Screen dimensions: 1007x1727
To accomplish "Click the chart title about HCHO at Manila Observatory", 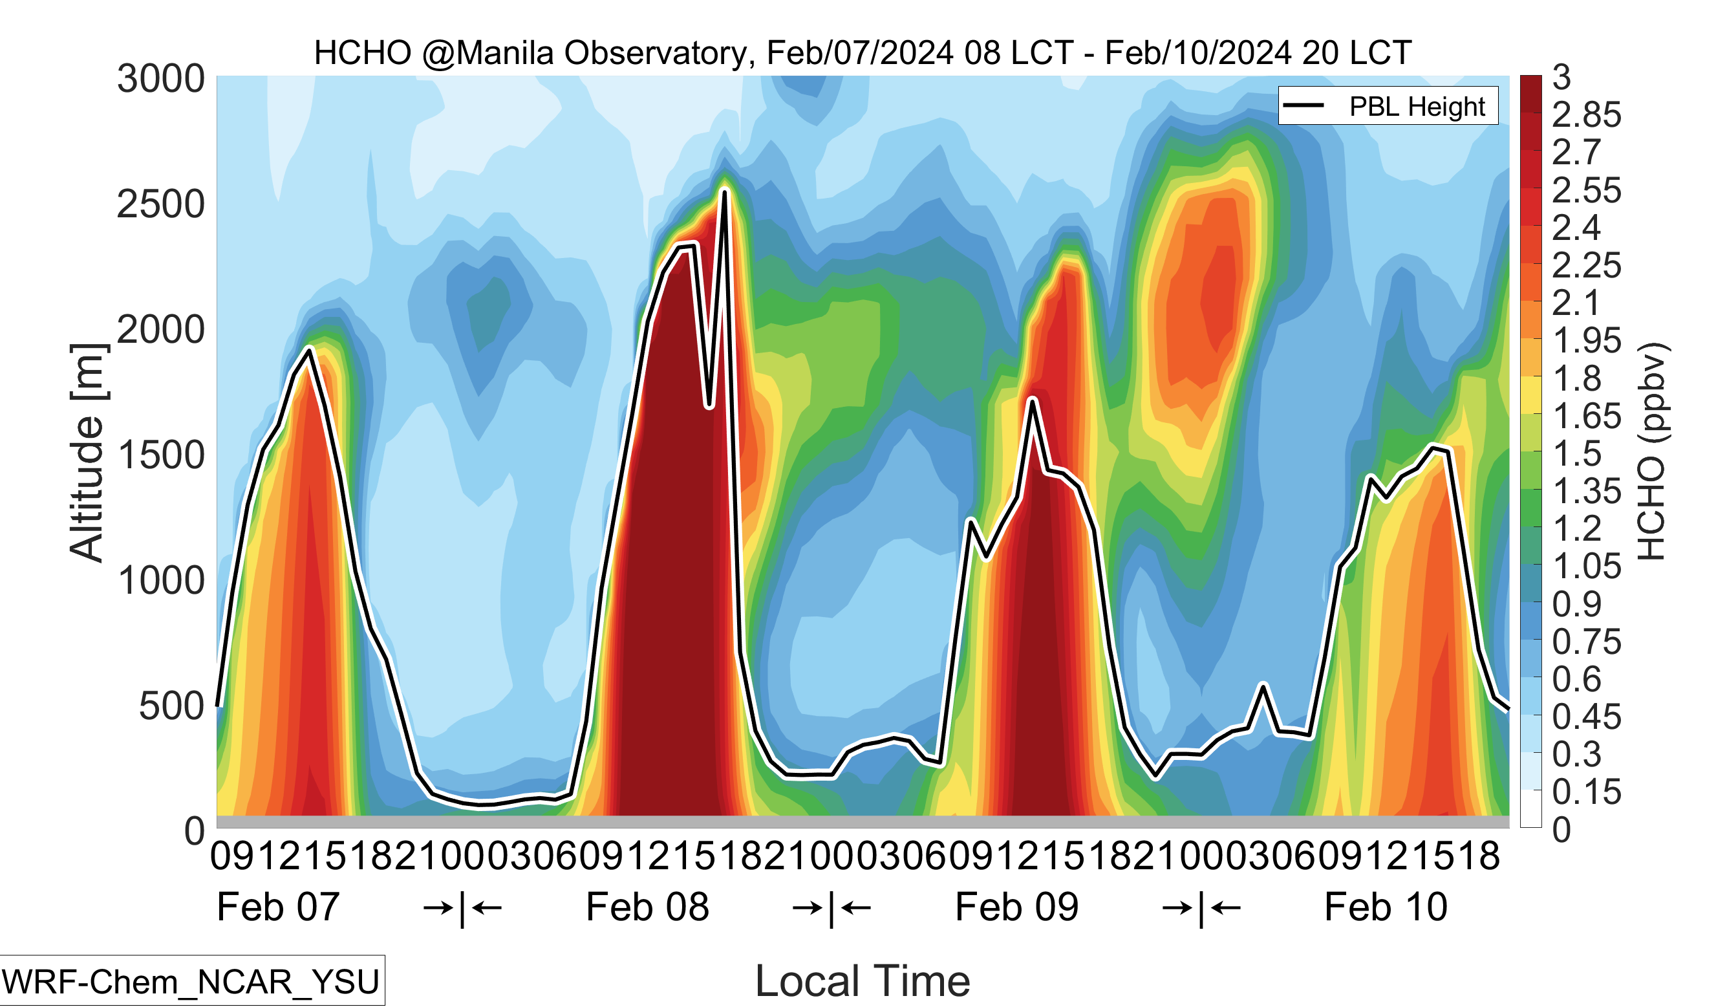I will click(862, 53).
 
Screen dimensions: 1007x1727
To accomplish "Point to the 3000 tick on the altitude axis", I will click(161, 78).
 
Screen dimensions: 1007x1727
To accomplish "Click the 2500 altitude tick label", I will click(161, 204).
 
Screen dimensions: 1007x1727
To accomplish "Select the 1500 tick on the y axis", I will click(161, 455).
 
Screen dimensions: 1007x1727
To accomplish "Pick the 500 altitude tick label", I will click(171, 706).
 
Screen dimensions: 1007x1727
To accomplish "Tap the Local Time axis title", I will click(862, 981).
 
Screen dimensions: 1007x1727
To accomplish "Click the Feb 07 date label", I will click(277, 907).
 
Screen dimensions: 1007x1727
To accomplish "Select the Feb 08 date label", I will click(647, 907).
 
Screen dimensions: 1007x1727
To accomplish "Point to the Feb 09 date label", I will click(1016, 907).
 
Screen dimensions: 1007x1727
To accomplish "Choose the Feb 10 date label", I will click(1386, 907).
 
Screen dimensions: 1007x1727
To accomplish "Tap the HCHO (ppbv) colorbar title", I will click(1651, 451).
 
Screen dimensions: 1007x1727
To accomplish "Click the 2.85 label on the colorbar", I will click(1586, 115).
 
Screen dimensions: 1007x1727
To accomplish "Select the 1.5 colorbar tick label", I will click(1576, 454).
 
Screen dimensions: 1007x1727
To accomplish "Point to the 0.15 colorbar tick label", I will click(1586, 792).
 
